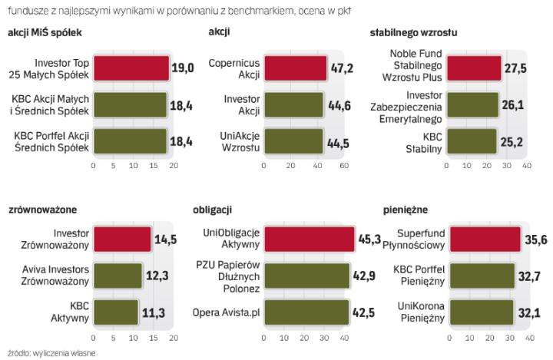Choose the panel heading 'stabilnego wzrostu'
[411, 31]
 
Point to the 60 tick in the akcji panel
[343, 166]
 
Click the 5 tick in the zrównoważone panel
[113, 338]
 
